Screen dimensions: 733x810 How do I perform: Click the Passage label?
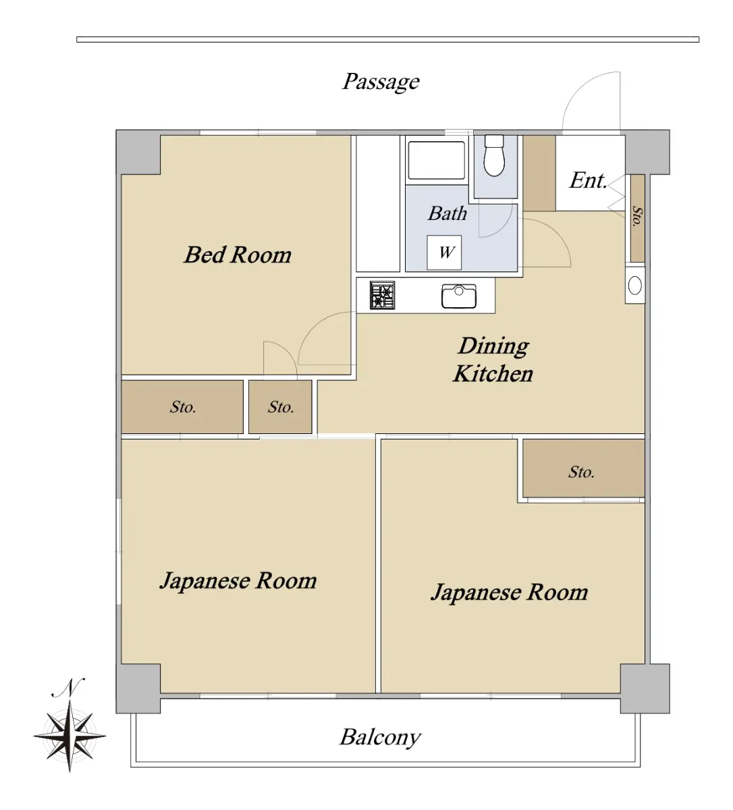[x=381, y=82]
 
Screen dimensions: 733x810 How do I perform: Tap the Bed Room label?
[x=238, y=254]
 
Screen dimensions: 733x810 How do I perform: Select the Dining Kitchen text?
[x=493, y=360]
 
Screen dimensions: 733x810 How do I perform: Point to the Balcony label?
[x=380, y=738]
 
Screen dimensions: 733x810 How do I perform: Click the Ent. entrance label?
[x=589, y=180]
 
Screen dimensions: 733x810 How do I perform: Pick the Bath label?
[x=447, y=213]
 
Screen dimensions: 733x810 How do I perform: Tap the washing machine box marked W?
[x=444, y=252]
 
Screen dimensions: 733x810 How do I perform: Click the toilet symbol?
[x=494, y=155]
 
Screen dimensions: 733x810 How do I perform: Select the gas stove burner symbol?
[x=382, y=296]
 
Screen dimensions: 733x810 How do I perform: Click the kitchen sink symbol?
[x=459, y=296]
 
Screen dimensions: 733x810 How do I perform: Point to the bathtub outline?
[x=437, y=160]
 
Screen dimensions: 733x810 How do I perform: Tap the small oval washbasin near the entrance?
[x=635, y=286]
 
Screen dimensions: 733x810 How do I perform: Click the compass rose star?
[x=70, y=736]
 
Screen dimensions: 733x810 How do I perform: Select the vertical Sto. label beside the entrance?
[x=637, y=217]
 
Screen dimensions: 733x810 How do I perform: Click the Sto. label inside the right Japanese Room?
[x=581, y=472]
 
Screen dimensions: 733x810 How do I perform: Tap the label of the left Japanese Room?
[x=238, y=581]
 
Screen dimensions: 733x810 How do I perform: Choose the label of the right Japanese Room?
[x=510, y=593]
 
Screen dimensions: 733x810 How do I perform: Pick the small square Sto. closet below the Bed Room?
[x=280, y=407]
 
